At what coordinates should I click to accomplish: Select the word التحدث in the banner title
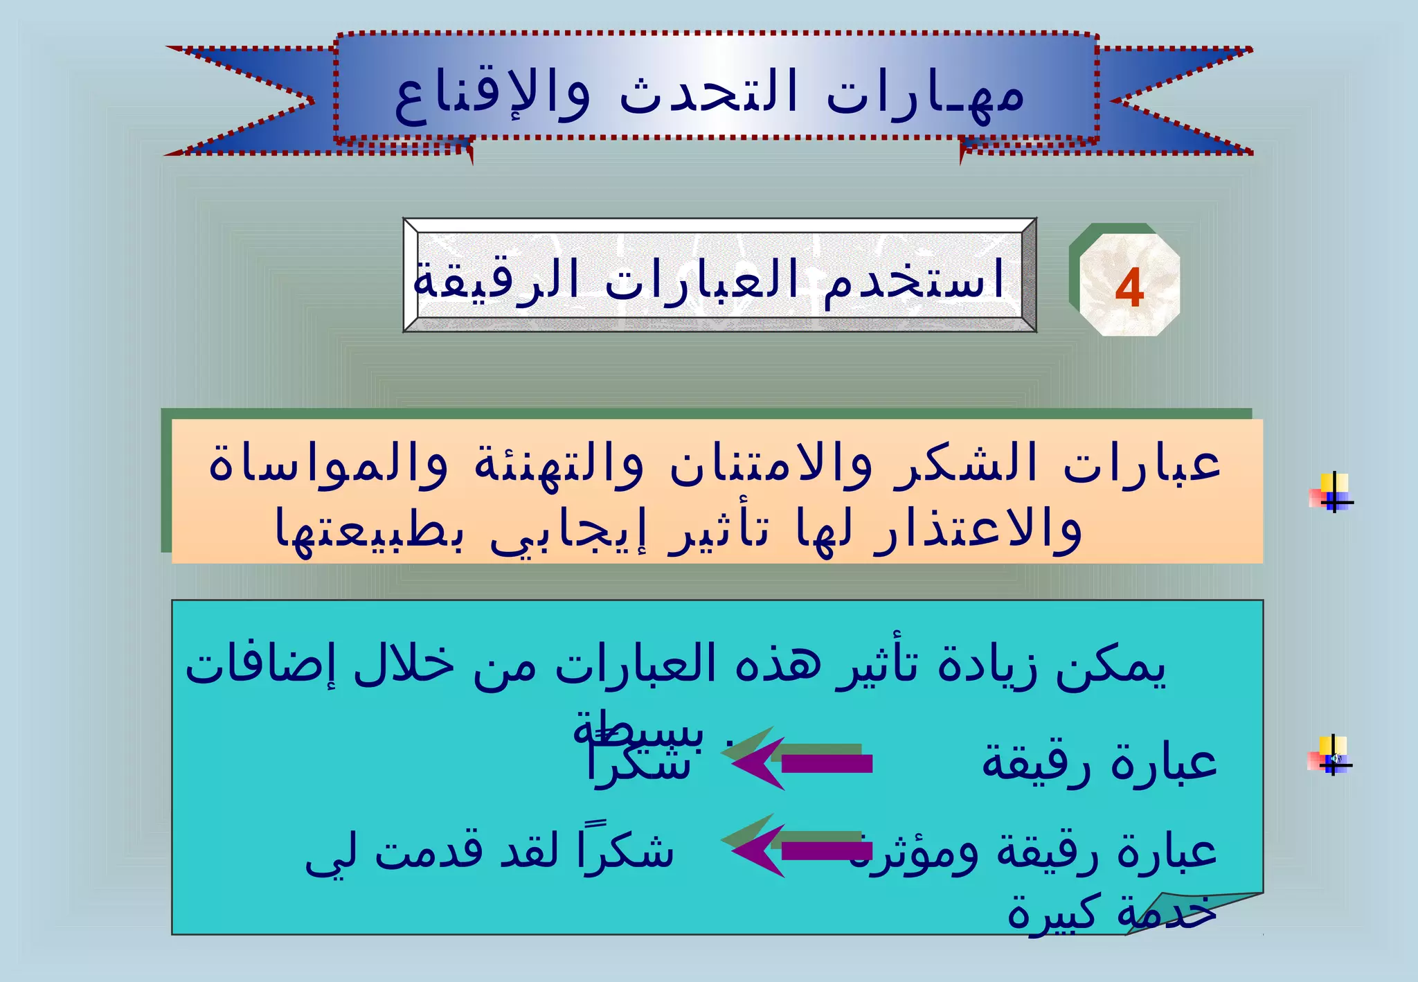pyautogui.click(x=708, y=95)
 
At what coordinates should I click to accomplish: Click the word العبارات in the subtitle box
pyautogui.click(x=701, y=281)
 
